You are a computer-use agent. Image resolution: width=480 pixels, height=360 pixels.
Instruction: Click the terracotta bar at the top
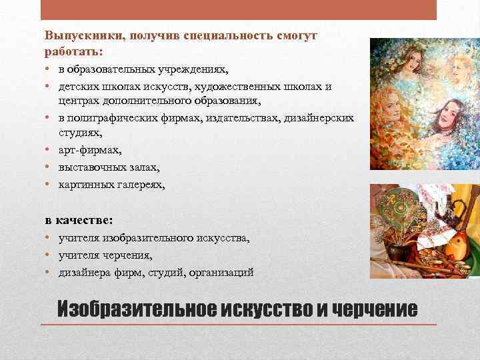click(x=239, y=9)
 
